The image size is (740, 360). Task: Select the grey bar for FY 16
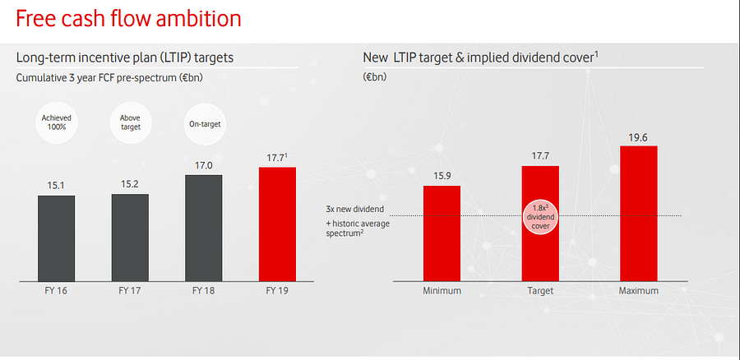pos(56,239)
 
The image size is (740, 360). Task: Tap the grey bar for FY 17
pos(130,238)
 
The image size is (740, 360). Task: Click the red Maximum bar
pos(639,215)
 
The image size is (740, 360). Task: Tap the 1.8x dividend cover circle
pos(540,216)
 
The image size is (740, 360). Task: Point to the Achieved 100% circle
pos(57,123)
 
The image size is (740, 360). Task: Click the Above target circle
pos(130,123)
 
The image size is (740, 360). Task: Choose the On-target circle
pos(204,124)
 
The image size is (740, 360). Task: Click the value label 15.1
pos(56,186)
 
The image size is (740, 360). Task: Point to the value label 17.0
pos(204,165)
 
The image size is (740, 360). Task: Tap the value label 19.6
pos(639,137)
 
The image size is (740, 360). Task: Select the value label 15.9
pos(442,176)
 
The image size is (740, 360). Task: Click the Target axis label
pos(540,291)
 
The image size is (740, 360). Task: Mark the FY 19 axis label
pos(277,291)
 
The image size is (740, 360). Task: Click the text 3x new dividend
pos(354,209)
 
